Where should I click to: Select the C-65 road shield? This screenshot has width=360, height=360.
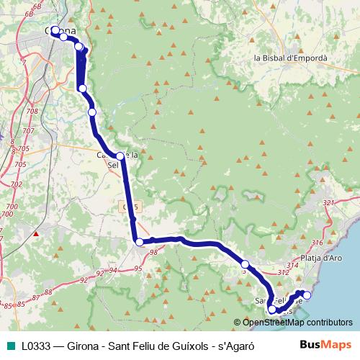(x=130, y=207)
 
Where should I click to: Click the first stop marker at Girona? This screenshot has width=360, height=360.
(x=55, y=31)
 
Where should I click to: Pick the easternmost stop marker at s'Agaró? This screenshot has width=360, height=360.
(x=307, y=294)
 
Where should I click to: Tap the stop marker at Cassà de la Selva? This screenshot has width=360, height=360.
(x=120, y=156)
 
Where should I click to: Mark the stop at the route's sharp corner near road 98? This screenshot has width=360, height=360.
(x=140, y=243)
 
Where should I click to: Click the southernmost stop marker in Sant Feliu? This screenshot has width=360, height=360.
(x=272, y=310)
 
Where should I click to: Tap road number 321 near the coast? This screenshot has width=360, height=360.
(x=329, y=203)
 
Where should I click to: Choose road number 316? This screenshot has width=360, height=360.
(x=317, y=242)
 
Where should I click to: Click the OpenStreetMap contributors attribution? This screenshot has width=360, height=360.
(x=297, y=323)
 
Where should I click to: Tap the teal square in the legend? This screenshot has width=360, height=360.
(x=9, y=346)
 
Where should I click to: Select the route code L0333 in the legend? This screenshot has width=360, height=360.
(x=36, y=346)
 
